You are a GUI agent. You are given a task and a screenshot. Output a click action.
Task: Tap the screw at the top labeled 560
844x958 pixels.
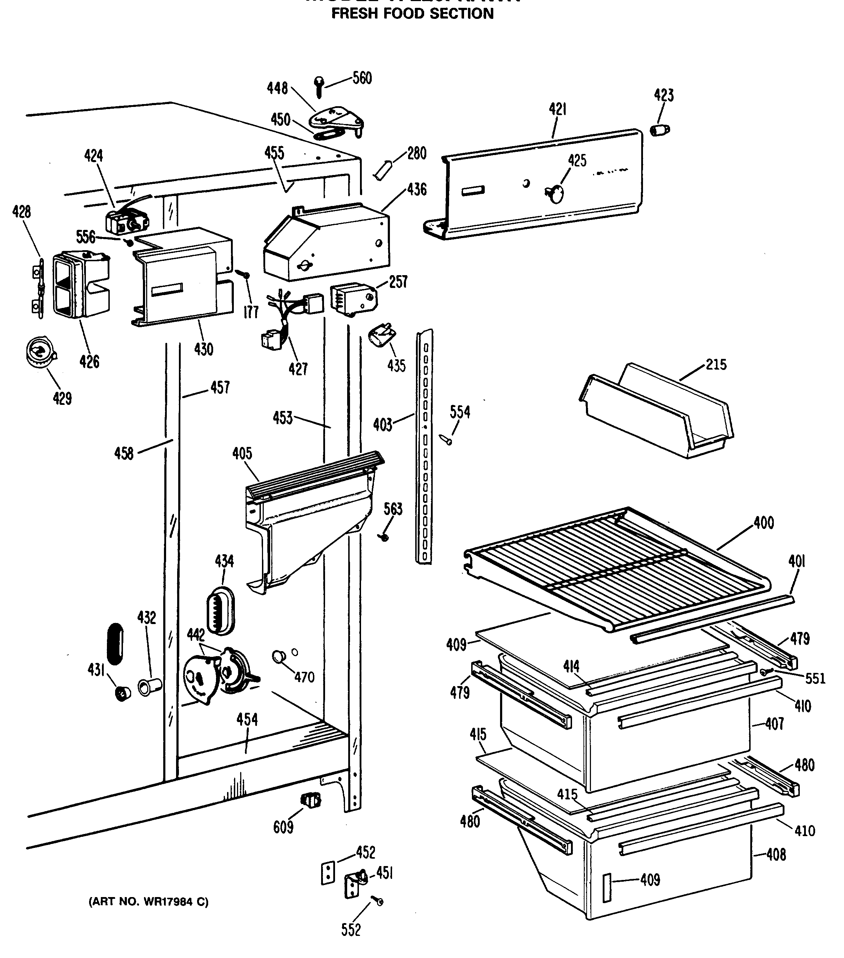click(319, 87)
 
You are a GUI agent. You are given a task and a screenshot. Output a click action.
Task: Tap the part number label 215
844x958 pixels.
click(716, 364)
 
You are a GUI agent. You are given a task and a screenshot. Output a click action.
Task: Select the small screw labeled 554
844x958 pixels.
click(446, 439)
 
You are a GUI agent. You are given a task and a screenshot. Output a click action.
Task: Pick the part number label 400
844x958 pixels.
click(764, 522)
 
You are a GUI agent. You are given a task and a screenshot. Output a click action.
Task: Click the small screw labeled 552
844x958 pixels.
click(378, 901)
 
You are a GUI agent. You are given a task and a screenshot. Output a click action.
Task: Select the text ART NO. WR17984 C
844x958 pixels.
click(149, 902)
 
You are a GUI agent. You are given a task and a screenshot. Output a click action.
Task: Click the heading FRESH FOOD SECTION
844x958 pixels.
click(412, 14)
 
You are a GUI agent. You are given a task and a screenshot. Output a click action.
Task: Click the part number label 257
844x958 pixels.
click(398, 282)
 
